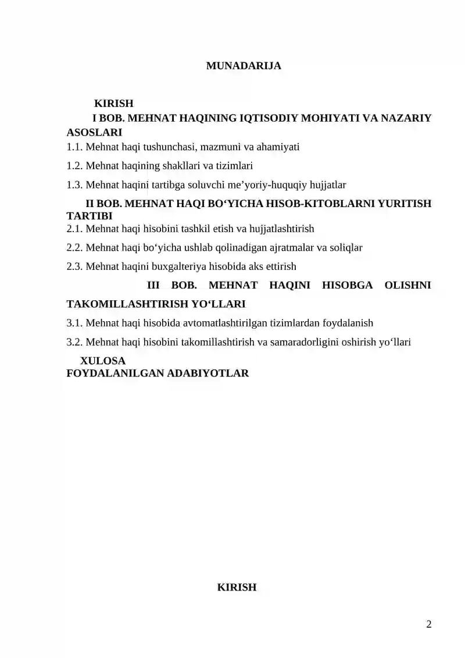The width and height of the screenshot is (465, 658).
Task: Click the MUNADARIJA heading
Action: [x=244, y=66]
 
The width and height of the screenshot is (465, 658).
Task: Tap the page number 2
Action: [x=429, y=625]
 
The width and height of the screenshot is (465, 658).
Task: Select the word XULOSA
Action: [x=102, y=361]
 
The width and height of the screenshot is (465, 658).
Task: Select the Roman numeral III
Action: [x=153, y=285]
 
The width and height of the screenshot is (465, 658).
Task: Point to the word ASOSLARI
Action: [x=95, y=132]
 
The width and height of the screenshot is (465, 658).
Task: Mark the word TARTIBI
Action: [x=90, y=216]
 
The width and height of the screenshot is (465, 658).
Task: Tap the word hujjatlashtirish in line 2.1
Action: [x=277, y=229]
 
